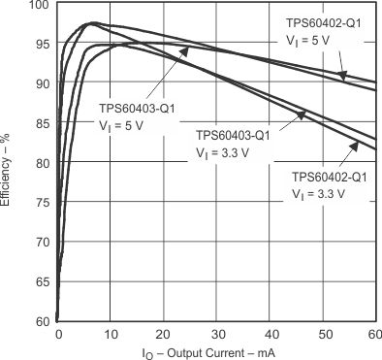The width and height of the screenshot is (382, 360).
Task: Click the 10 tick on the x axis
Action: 111,334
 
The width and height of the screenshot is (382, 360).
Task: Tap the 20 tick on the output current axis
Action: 165,334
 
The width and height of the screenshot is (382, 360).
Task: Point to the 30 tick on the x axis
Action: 217,334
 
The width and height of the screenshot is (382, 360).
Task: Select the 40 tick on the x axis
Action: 271,334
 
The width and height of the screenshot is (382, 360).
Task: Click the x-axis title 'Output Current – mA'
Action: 215,351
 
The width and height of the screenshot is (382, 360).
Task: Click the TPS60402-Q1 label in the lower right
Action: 330,178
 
